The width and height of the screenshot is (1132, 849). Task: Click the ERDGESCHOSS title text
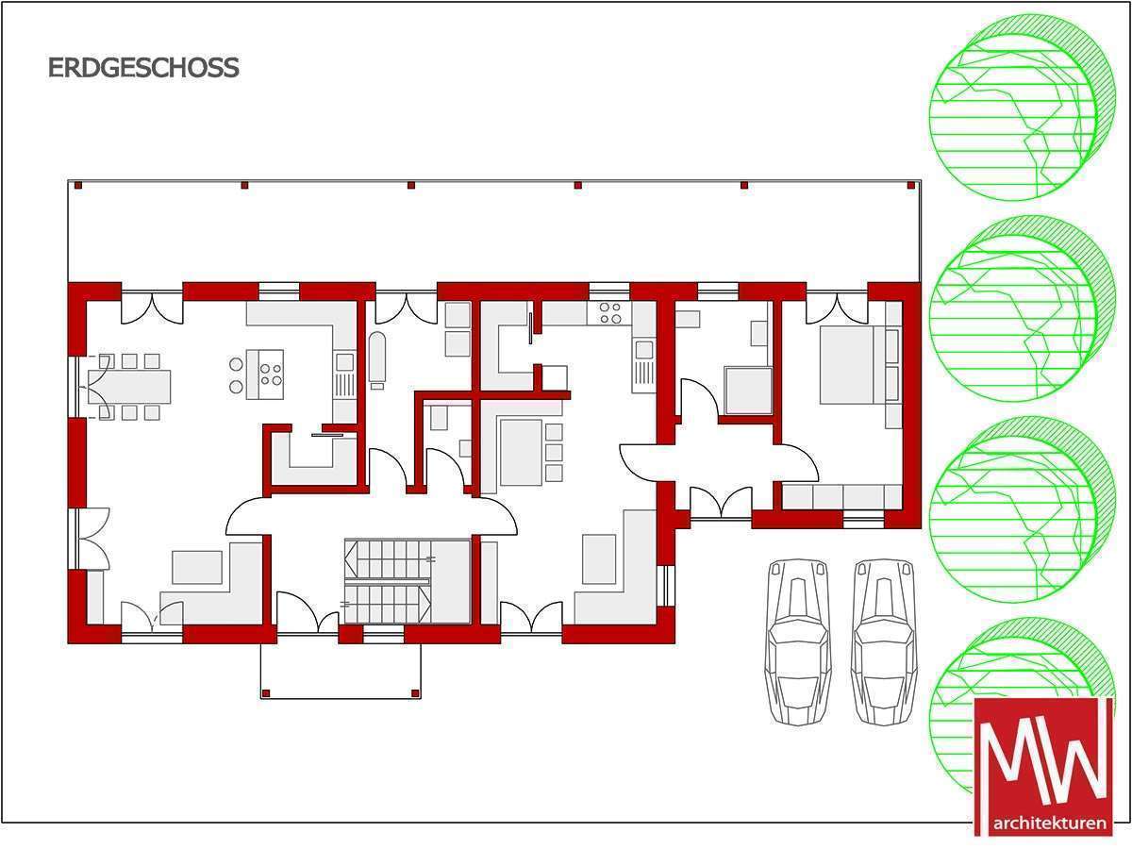[x=143, y=68]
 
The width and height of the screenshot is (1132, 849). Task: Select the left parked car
[x=798, y=642]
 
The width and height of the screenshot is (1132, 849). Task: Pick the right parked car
[x=884, y=642]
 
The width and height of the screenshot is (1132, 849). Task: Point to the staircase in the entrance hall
[x=388, y=581]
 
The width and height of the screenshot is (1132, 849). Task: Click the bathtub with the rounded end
[x=377, y=359]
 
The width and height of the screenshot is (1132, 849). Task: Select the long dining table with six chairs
[x=129, y=387]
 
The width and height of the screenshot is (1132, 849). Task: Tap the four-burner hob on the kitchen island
[x=272, y=375]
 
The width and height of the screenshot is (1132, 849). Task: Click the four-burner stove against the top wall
[x=609, y=313]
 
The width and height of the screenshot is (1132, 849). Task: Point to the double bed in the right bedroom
[x=846, y=365]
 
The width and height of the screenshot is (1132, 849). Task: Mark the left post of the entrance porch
[x=266, y=693]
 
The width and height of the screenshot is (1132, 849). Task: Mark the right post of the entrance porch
[x=415, y=693]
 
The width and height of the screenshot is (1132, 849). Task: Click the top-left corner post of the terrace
[x=78, y=186]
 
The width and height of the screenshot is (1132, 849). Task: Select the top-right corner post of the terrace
[x=911, y=186]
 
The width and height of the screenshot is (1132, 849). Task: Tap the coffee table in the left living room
[x=197, y=567]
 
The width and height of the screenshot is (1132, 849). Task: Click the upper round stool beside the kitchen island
[x=236, y=364]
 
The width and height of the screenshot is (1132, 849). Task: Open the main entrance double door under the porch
[x=308, y=614]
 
